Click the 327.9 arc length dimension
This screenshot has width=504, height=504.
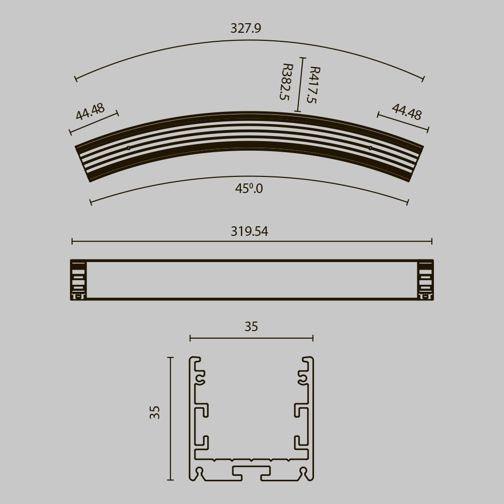click(x=245, y=28)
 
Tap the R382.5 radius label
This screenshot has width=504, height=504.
click(x=286, y=82)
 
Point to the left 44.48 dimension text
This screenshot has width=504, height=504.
click(x=90, y=111)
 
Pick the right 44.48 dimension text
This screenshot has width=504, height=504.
click(x=407, y=112)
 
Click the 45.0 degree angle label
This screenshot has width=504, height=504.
click(x=249, y=189)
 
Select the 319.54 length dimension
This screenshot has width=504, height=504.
click(x=249, y=232)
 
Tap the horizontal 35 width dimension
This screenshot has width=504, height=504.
click(x=251, y=327)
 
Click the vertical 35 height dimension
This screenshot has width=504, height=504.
click(x=155, y=412)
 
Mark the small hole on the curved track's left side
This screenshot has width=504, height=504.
click(x=129, y=148)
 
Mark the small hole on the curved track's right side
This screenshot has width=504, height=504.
click(x=370, y=148)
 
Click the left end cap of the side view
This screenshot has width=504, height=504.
click(x=78, y=280)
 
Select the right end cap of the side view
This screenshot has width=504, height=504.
click(x=425, y=280)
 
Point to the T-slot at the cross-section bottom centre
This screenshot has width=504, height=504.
click(x=251, y=472)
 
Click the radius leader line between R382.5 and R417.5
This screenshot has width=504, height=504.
click(x=300, y=85)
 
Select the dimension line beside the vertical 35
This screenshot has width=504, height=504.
click(x=170, y=418)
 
